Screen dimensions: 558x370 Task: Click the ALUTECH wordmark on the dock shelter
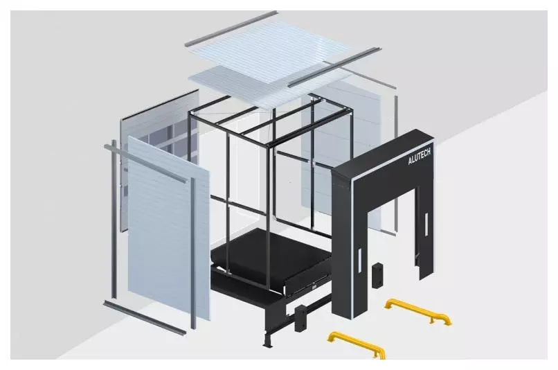420,157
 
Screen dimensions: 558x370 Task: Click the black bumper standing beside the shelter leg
377,275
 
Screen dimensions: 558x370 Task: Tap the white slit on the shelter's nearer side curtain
360,261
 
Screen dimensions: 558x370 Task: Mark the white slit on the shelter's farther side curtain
426,224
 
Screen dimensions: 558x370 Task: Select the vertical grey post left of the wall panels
114,218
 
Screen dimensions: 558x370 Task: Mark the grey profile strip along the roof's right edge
334,67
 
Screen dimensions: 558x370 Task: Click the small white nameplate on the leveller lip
314,287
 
